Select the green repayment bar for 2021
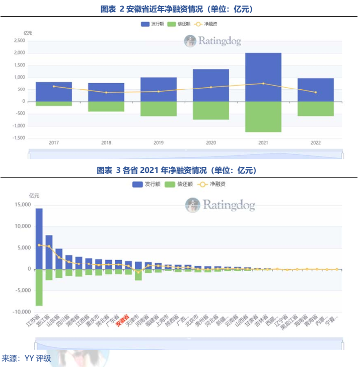(263, 116)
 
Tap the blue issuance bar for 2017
(54, 91)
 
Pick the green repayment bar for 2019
(158, 108)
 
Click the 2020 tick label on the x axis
(211, 143)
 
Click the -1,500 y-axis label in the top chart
(18, 138)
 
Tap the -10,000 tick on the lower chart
(20, 312)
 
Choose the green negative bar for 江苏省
(39, 287)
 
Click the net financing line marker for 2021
(263, 84)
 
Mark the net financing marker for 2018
(106, 92)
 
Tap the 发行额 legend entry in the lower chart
(146, 185)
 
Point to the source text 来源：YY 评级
(26, 358)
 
